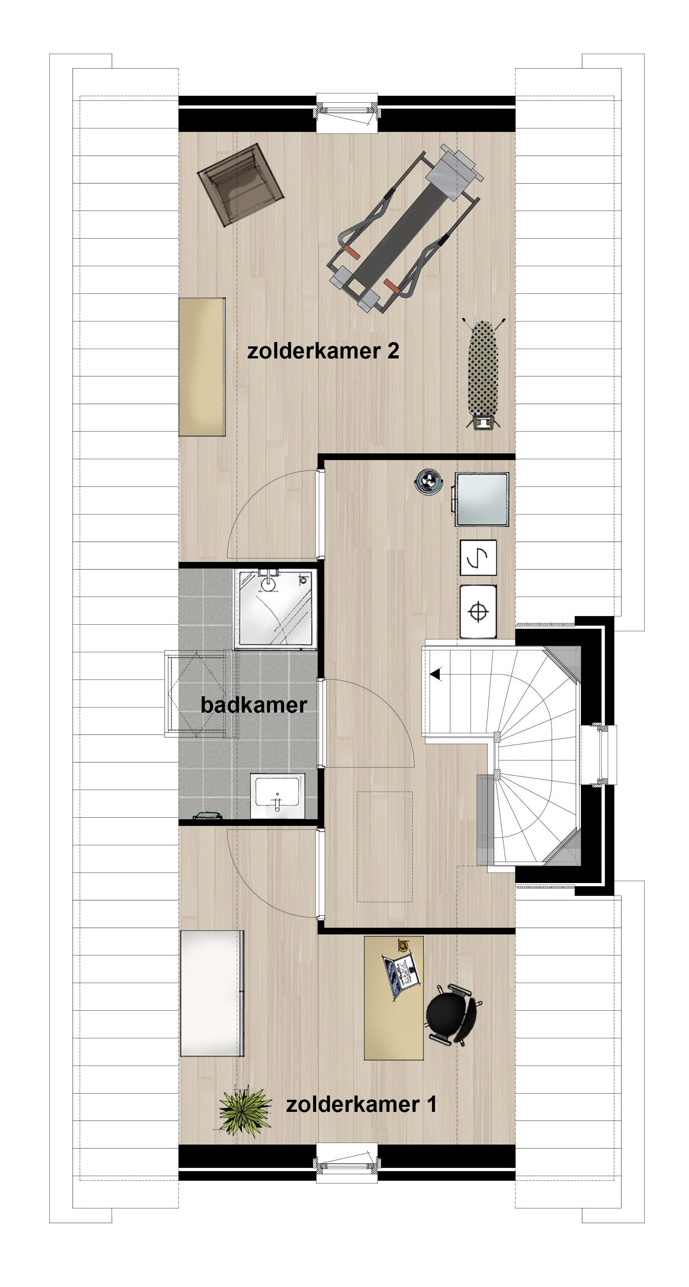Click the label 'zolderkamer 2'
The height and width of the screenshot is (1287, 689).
pos(323,351)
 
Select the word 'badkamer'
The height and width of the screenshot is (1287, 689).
pos(254,704)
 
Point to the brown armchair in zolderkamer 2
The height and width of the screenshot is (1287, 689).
pos(240,185)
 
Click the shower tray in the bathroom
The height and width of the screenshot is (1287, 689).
pos(276,609)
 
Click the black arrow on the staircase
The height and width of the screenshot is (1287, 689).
pos(436,674)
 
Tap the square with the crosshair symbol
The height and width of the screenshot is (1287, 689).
pos(478,611)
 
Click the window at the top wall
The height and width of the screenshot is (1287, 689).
pos(347,113)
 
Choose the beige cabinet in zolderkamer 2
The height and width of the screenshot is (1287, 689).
pos(202,367)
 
